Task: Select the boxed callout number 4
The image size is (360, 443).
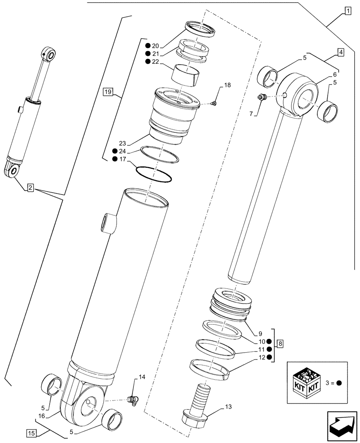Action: pos(340,52)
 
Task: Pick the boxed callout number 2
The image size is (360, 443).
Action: pos(30,188)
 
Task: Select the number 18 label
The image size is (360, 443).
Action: pos(227,85)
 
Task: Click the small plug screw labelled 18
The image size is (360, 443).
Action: pos(214,104)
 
